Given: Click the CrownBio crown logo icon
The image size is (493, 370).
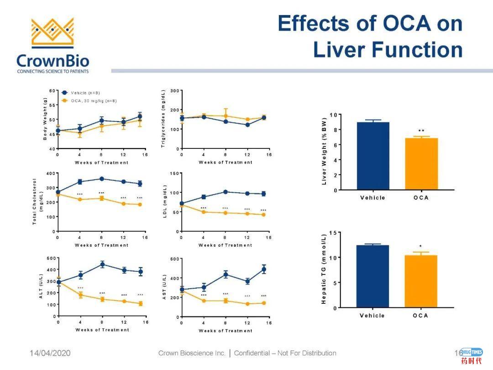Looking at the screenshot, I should click(x=52, y=33).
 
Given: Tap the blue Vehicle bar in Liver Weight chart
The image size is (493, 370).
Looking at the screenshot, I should click(x=373, y=156).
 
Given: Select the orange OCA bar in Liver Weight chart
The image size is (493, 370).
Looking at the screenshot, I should click(x=421, y=164).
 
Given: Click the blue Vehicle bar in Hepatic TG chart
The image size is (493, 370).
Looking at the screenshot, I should click(x=372, y=276).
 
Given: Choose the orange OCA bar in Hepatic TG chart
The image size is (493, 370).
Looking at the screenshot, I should click(x=420, y=281).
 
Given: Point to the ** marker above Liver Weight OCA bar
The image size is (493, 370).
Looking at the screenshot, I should click(x=421, y=131).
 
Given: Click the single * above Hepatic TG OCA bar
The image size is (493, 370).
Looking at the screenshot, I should click(x=420, y=247).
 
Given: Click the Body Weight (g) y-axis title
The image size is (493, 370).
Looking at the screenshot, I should click(x=45, y=120).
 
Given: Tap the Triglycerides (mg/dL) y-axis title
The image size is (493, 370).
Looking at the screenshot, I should click(x=163, y=119).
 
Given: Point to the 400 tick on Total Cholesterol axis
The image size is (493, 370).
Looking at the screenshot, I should click(x=49, y=174).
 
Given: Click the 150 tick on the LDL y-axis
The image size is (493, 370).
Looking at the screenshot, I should click(x=173, y=174).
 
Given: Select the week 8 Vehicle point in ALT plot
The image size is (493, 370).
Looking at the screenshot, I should click(x=102, y=264).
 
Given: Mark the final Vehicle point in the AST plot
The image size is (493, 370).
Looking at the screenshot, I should click(x=264, y=269).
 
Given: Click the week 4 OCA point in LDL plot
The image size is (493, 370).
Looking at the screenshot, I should click(x=204, y=212).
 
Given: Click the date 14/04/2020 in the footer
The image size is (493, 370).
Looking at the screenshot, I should click(x=50, y=353).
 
